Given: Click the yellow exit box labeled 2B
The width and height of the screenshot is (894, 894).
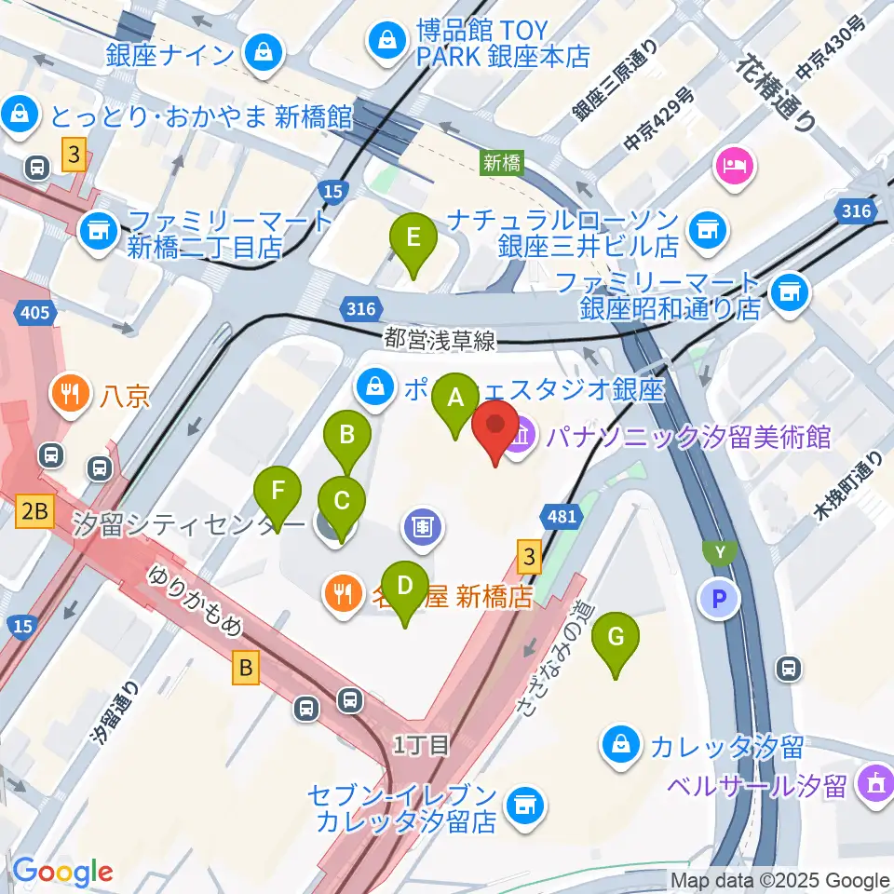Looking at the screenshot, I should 34,509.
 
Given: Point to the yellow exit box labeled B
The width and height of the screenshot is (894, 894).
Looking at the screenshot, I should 246,667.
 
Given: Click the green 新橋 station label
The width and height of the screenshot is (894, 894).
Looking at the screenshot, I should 502,162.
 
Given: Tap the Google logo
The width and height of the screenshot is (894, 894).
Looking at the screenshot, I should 63,872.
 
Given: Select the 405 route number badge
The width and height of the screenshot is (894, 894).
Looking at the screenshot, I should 34,312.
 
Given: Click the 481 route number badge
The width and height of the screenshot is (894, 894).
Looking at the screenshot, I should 563,515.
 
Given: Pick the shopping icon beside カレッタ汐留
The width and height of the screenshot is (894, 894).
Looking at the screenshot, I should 619,744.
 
